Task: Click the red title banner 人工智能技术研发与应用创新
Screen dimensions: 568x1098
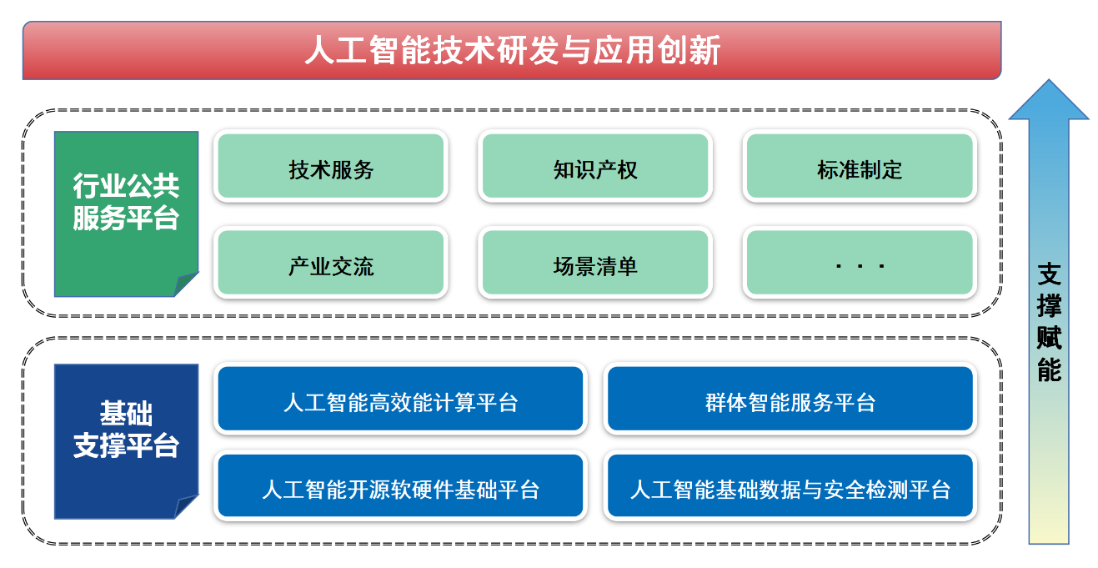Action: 511,51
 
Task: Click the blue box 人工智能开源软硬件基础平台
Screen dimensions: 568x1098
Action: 401,487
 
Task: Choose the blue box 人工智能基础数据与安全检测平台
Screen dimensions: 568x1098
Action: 790,487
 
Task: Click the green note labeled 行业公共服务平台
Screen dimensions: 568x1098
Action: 126,204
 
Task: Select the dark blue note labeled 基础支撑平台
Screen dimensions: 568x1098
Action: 126,430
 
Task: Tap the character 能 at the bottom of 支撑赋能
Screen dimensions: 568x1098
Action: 1049,369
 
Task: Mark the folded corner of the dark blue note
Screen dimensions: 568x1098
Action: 187,506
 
